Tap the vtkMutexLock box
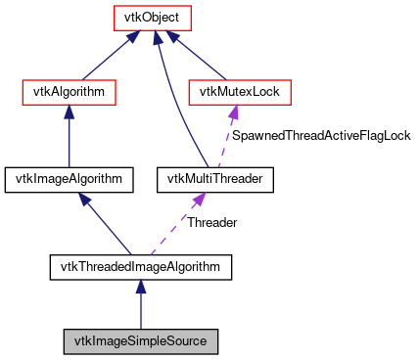pyautogui.click(x=239, y=93)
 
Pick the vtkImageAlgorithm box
pyautogui.click(x=69, y=179)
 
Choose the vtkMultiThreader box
pyautogui.click(x=215, y=179)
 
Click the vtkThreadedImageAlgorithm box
pyautogui.click(x=141, y=265)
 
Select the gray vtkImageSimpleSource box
pyautogui.click(x=141, y=341)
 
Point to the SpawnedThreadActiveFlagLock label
pyautogui.click(x=320, y=136)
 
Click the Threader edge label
pyautogui.click(x=211, y=222)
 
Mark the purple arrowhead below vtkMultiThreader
pyautogui.click(x=197, y=199)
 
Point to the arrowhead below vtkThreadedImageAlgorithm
pyautogui.click(x=141, y=286)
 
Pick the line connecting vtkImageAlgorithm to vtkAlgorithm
pyautogui.click(x=70, y=142)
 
